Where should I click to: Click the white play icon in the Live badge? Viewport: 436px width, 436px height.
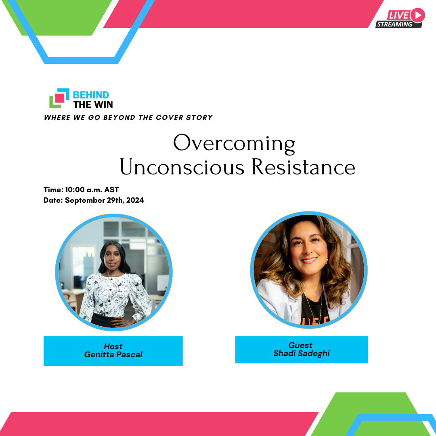pyautogui.click(x=418, y=15)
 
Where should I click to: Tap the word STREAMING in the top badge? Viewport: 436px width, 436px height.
pyautogui.click(x=394, y=25)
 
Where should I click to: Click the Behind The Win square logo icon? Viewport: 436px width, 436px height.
pyautogui.click(x=59, y=98)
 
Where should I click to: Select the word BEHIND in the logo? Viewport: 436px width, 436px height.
pyautogui.click(x=91, y=95)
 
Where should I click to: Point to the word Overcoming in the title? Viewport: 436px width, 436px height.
pyautogui.click(x=234, y=144)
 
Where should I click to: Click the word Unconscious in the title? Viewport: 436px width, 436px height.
pyautogui.click(x=182, y=167)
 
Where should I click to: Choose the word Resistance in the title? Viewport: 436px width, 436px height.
pyautogui.click(x=303, y=167)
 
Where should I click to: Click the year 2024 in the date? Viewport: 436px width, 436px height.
pyautogui.click(x=135, y=200)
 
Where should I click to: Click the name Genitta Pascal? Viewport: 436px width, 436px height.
pyautogui.click(x=113, y=354)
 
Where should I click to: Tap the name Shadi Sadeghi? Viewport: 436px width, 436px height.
pyautogui.click(x=302, y=353)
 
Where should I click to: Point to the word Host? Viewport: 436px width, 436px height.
pyautogui.click(x=113, y=346)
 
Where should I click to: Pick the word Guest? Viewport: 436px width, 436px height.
pyautogui.click(x=300, y=345)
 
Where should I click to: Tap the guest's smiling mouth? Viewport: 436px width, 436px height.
pyautogui.click(x=309, y=260)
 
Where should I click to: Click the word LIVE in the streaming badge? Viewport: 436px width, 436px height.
pyautogui.click(x=398, y=15)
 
